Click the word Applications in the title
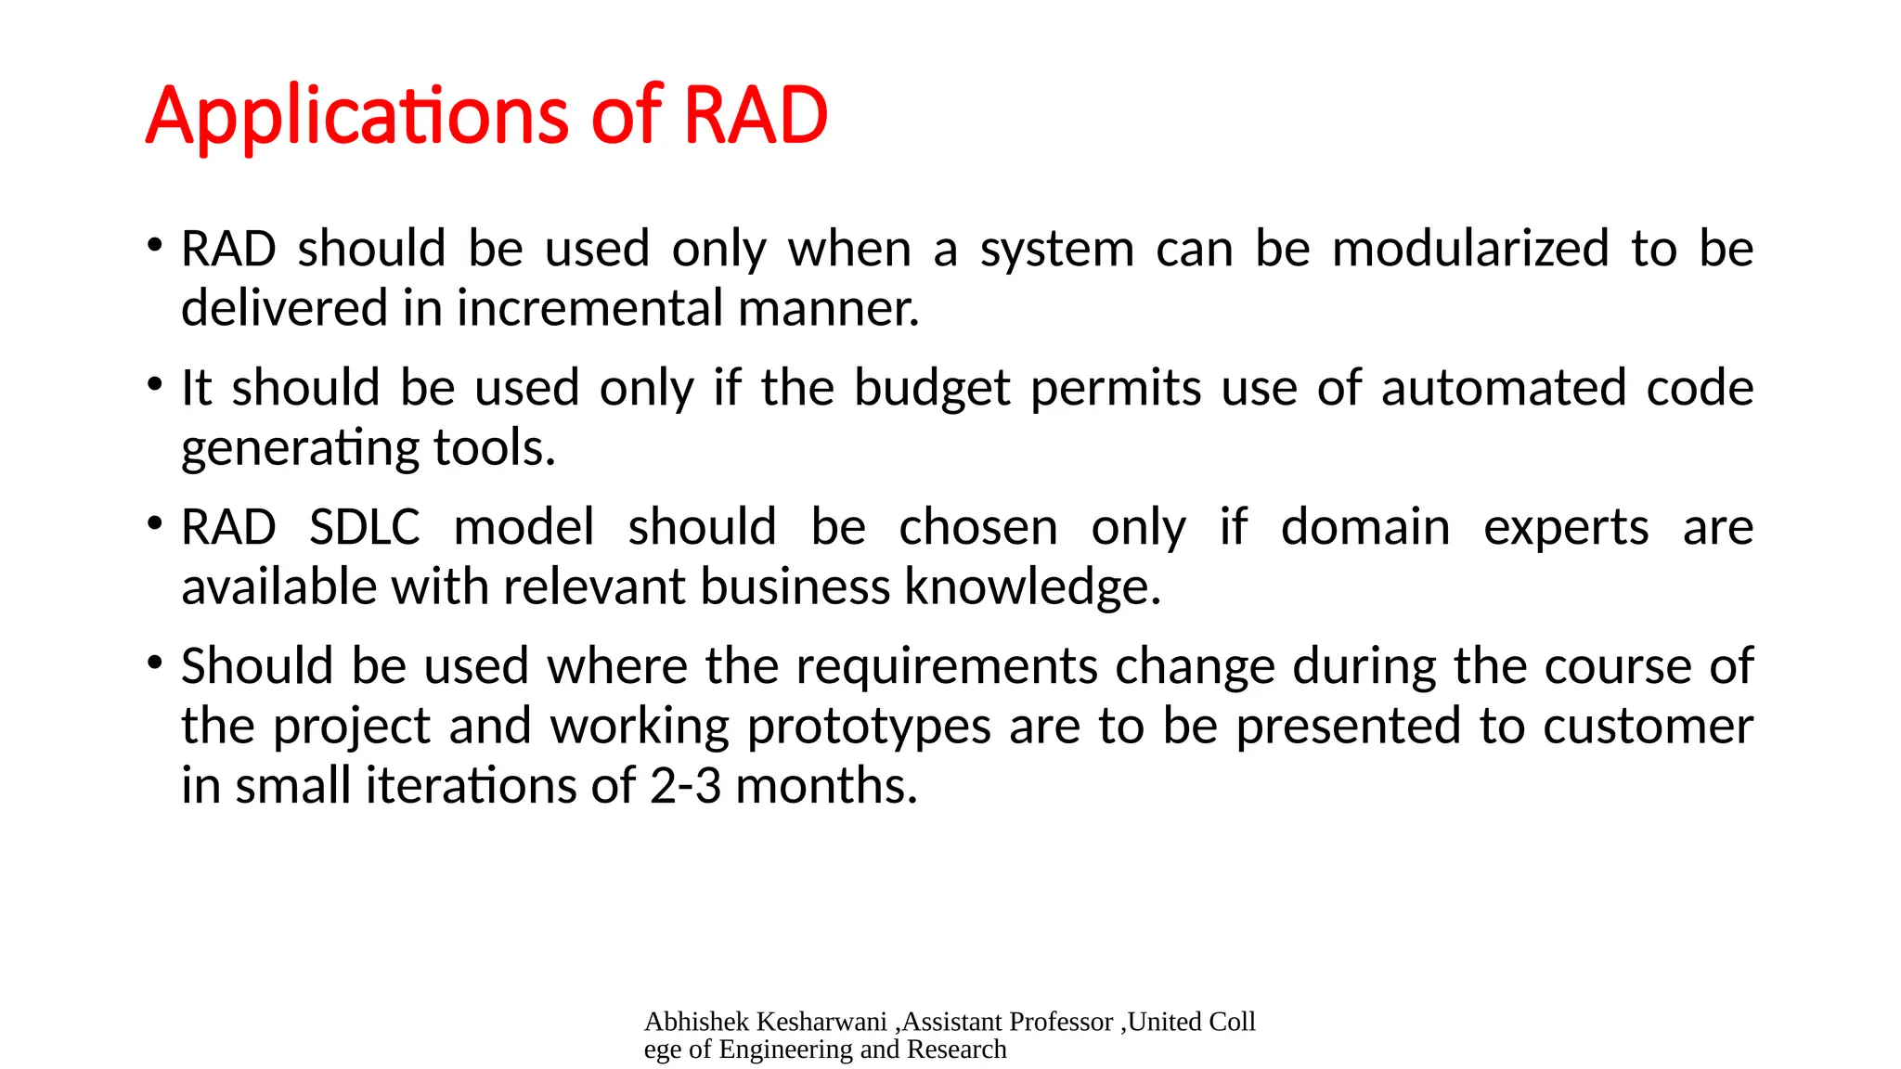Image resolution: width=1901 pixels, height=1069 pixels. point(356,117)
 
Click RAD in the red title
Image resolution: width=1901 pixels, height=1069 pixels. point(755,117)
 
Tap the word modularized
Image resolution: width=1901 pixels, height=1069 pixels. point(1470,250)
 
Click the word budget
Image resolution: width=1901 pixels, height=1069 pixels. point(931,389)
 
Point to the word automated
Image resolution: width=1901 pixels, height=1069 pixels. point(1503,388)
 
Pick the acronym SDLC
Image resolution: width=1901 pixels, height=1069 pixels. point(364,528)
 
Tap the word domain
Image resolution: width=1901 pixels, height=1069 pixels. point(1364,528)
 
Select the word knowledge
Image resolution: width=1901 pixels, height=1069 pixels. point(1032,588)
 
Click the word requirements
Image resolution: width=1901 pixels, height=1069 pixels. point(947,668)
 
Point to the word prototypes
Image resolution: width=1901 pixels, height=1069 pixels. point(869,728)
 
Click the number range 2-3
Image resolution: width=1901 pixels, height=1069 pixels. point(685,787)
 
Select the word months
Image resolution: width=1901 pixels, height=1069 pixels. point(826,787)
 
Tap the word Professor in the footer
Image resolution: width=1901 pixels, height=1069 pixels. point(1060,1022)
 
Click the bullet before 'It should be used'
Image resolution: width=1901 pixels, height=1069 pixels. point(155,383)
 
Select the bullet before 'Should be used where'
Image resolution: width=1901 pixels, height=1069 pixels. point(155,663)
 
